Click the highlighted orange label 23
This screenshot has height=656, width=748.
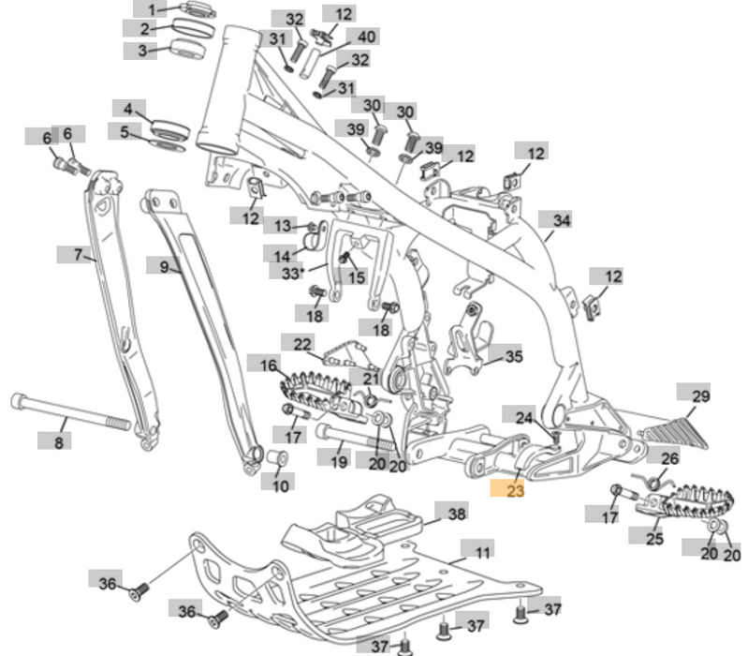pos(514,487)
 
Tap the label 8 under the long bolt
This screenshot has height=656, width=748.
pos(59,440)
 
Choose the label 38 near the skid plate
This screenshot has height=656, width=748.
pos(455,514)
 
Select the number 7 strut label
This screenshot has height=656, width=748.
pos(79,253)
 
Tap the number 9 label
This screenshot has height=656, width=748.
pos(164,266)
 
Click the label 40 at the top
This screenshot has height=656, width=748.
pos(367,37)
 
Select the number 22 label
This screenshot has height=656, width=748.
pos(301,344)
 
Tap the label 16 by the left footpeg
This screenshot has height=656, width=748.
pos(268,365)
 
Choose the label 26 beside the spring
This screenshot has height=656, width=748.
pos(669,458)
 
